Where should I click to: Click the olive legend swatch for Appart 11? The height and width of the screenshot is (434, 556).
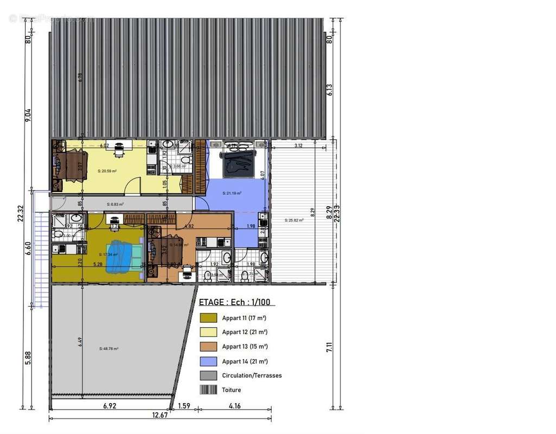pyautogui.click(x=209, y=318)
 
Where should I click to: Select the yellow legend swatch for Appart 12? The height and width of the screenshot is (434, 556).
pyautogui.click(x=209, y=332)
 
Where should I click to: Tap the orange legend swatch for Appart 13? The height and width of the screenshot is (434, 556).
pyautogui.click(x=209, y=346)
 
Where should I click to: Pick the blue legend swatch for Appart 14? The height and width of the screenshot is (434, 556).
pyautogui.click(x=209, y=361)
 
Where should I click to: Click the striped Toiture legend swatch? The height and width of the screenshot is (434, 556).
pyautogui.click(x=209, y=390)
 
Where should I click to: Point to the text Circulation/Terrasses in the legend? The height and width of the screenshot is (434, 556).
pyautogui.click(x=252, y=375)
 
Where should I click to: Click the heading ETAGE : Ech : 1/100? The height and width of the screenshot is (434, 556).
pyautogui.click(x=234, y=303)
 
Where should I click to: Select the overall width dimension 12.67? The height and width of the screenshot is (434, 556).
pyautogui.click(x=160, y=416)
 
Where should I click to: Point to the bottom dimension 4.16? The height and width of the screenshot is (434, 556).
pyautogui.click(x=234, y=406)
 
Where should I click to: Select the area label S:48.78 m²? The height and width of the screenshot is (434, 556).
pyautogui.click(x=108, y=348)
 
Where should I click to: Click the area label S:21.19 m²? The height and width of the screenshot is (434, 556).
pyautogui.click(x=232, y=193)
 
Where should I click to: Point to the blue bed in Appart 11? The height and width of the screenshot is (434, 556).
pyautogui.click(x=119, y=257)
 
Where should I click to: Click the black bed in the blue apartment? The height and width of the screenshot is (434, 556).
pyautogui.click(x=237, y=163)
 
